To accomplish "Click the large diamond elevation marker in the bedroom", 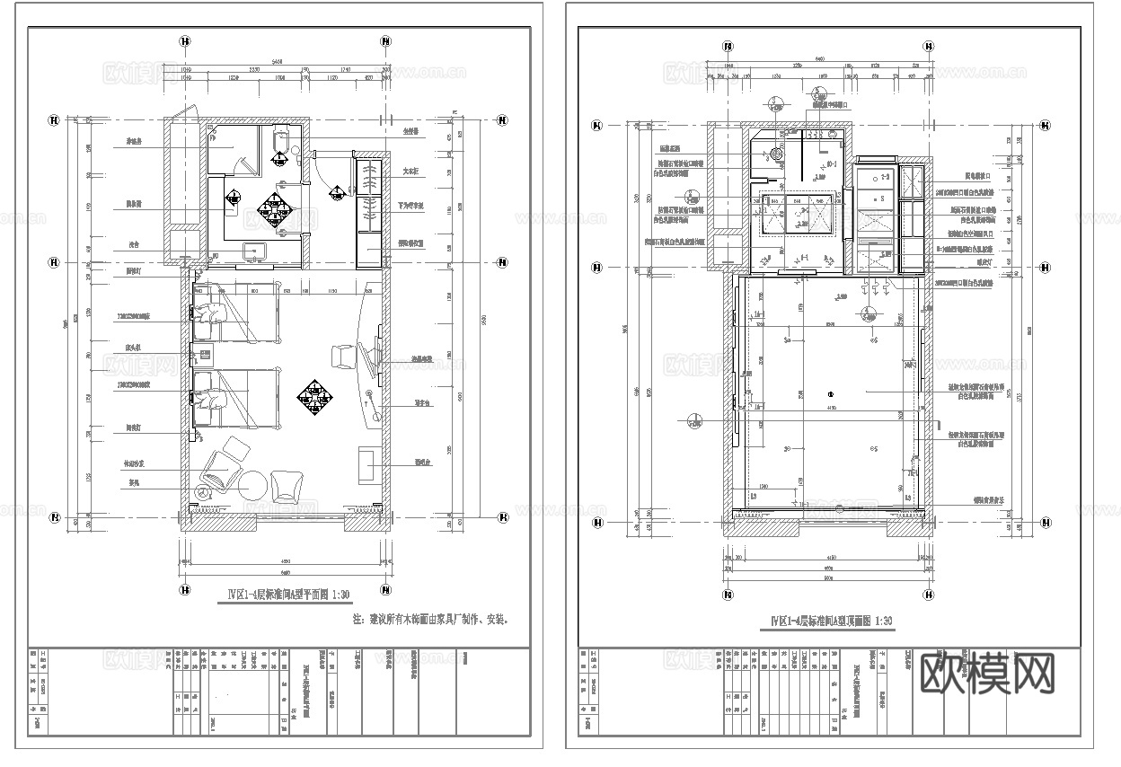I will pos(314,395).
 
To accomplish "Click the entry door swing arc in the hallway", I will pos(323,167).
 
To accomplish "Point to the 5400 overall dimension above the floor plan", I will pos(285,63).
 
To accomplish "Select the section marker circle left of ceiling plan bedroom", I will pos(694,419).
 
